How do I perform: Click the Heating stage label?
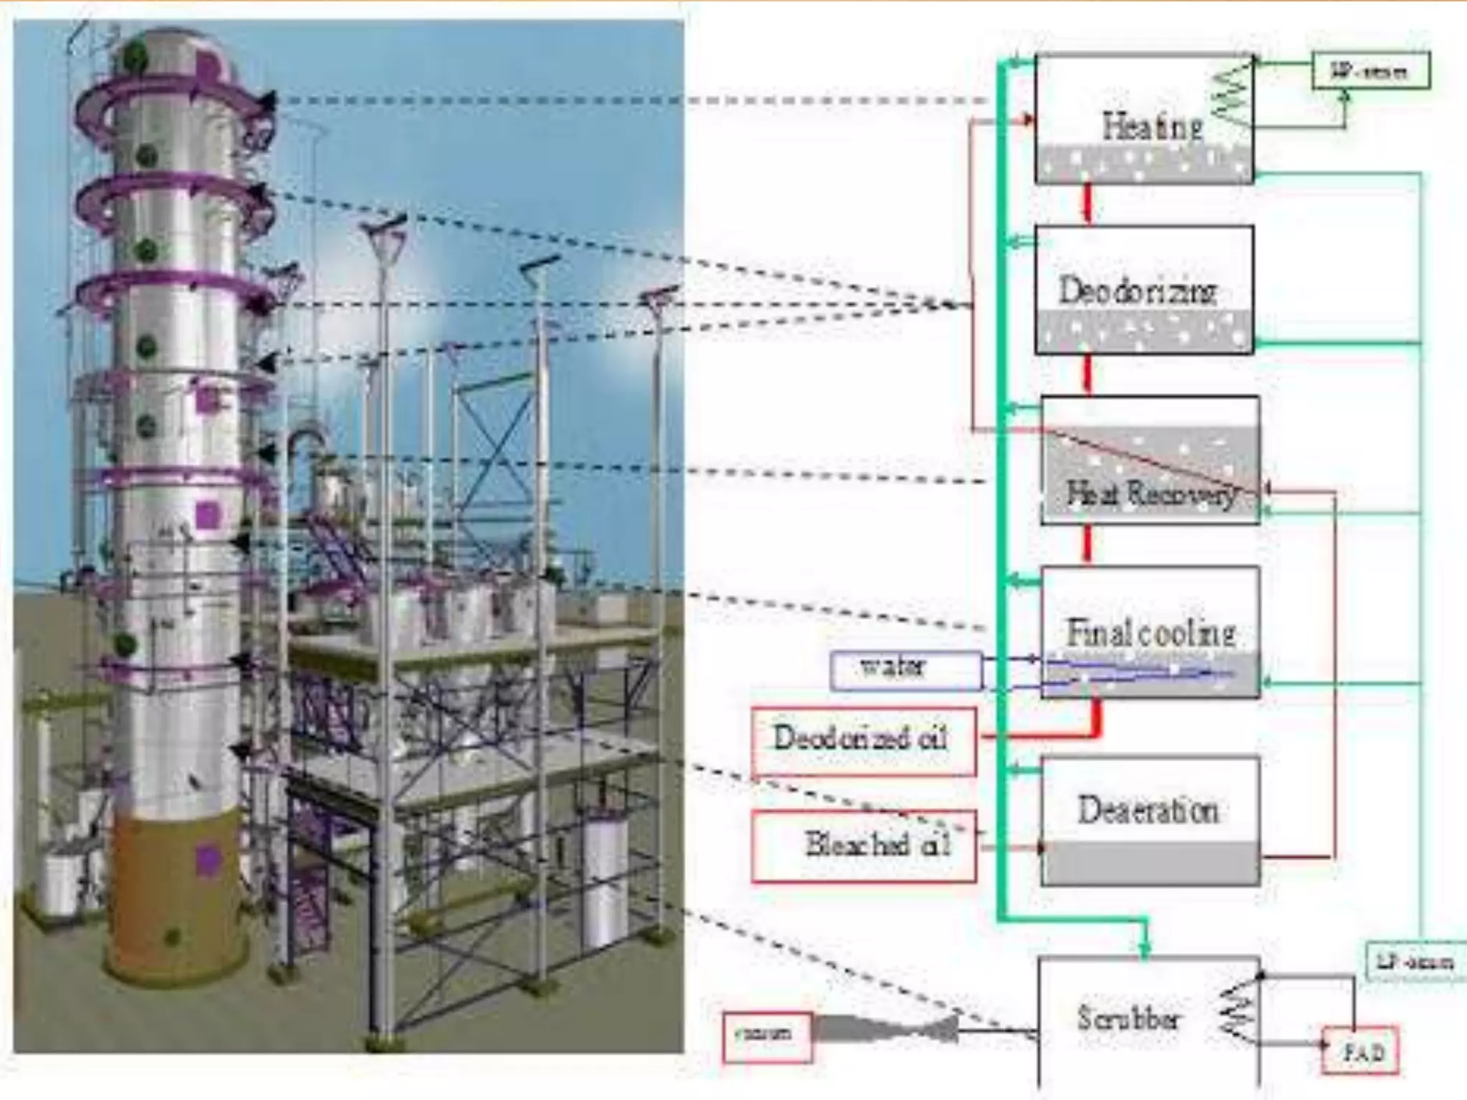[x=1152, y=127]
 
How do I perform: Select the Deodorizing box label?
[x=1137, y=291]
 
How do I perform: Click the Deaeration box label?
[x=1148, y=810]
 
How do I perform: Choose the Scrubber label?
[x=1128, y=1018]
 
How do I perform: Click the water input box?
[x=905, y=670]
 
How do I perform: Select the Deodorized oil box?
[x=863, y=740]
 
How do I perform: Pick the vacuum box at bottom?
[x=766, y=1036]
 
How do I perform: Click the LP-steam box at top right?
[x=1370, y=71]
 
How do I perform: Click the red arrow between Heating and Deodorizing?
[x=1087, y=203]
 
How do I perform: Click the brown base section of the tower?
[x=175, y=895]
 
